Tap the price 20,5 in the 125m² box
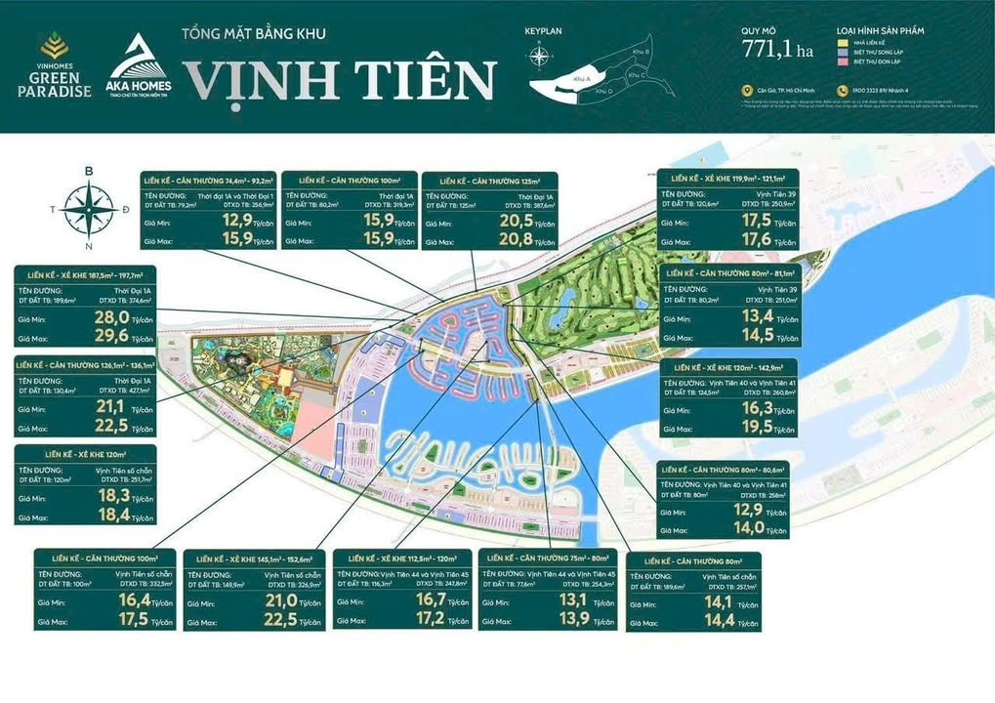click(x=516, y=222)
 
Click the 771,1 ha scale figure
click(x=777, y=49)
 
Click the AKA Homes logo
click(x=139, y=67)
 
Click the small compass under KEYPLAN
click(x=540, y=55)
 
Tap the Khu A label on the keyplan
click(x=582, y=77)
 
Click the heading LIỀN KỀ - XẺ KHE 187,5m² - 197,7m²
click(x=85, y=275)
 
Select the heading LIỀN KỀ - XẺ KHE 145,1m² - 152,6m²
click(x=252, y=558)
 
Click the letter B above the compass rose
click(x=89, y=172)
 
